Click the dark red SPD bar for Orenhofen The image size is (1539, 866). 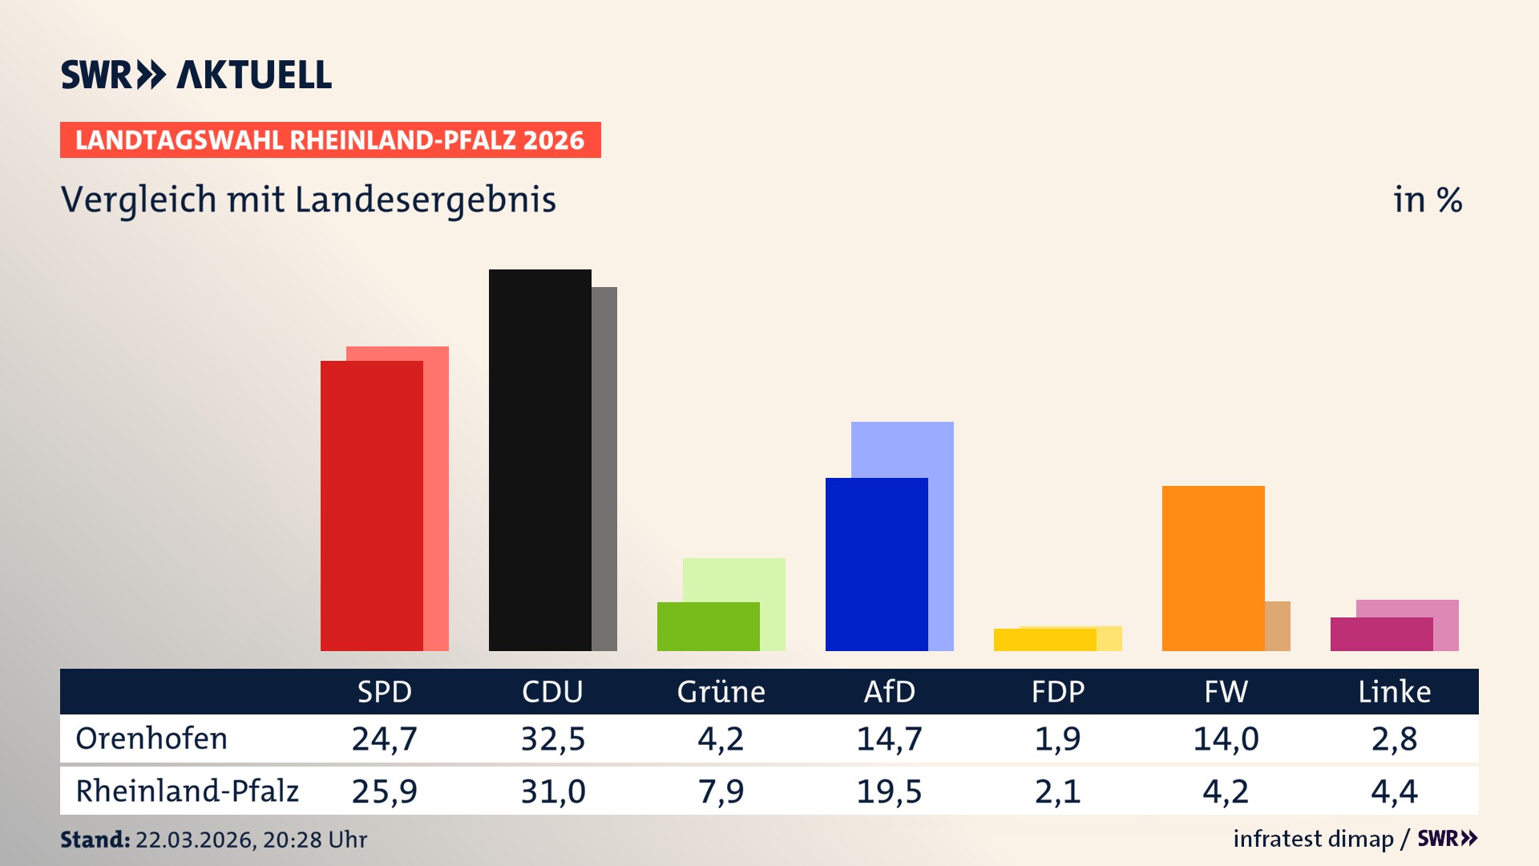click(x=371, y=505)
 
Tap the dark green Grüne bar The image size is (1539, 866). click(x=708, y=626)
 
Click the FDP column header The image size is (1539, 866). click(x=1057, y=691)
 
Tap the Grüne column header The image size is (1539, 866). click(x=721, y=691)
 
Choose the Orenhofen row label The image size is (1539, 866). click(x=151, y=739)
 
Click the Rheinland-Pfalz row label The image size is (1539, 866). click(x=187, y=791)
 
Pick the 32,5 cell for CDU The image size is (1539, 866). click(x=552, y=739)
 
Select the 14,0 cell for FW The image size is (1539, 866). click(x=1226, y=739)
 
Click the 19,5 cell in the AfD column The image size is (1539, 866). click(x=889, y=791)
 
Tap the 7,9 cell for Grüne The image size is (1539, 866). click(x=721, y=791)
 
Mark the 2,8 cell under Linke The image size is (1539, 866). click(x=1394, y=739)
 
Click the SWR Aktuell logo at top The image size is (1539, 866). click(x=196, y=75)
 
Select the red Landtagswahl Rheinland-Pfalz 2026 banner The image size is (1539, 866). click(x=330, y=140)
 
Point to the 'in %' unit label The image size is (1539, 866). click(x=1427, y=200)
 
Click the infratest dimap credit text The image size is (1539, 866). click(x=1313, y=839)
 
